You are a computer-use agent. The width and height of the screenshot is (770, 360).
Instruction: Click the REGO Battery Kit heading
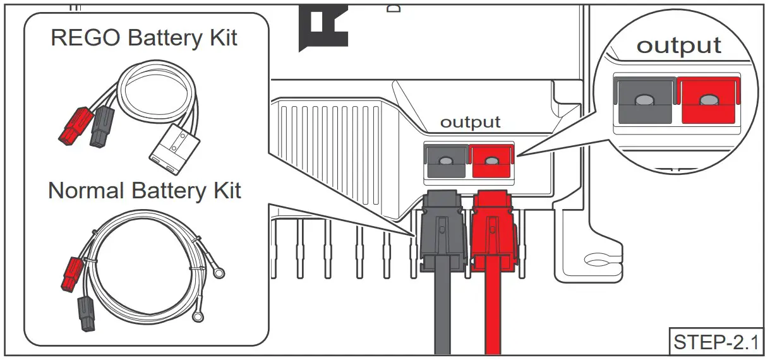point(144,37)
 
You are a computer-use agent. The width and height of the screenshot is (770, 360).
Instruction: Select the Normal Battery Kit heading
point(145,190)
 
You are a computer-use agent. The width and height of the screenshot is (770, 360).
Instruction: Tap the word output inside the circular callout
point(678,46)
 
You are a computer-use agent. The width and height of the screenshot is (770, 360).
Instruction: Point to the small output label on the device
point(470,122)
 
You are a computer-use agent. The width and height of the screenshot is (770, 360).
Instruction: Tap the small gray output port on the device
point(445,161)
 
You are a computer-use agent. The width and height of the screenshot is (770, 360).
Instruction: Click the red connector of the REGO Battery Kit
point(72,125)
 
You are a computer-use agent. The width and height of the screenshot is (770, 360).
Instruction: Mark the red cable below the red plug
point(493,322)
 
